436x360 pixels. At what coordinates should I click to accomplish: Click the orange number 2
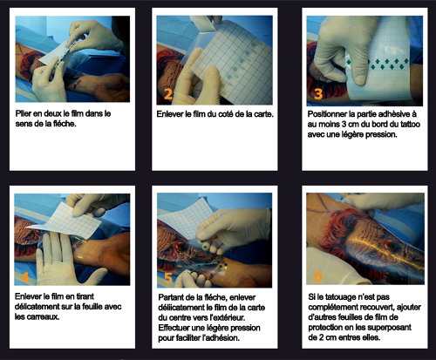(168, 94)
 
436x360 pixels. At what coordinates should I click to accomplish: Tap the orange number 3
(318, 93)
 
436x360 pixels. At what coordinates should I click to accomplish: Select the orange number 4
(25, 277)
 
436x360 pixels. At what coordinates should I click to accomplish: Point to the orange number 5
(168, 278)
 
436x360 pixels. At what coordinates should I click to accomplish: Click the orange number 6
(318, 276)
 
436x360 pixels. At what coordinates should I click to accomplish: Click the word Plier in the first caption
(23, 113)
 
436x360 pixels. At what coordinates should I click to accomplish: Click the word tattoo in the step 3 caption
(410, 125)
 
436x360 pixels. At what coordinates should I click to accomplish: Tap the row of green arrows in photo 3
(378, 64)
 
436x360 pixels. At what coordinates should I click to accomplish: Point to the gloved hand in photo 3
(343, 50)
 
